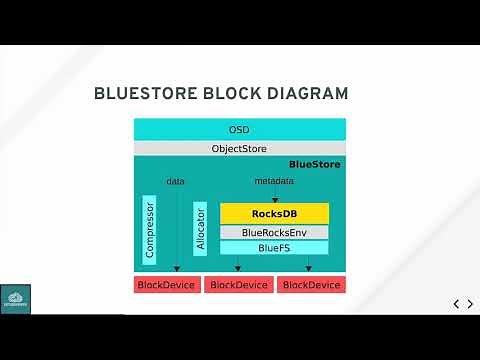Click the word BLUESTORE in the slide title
coord(140,94)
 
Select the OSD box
coord(239,130)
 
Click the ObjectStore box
coord(239,148)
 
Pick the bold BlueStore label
coord(314,164)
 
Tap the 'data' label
coord(175,181)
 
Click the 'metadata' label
coord(274,181)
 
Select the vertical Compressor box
coord(150,231)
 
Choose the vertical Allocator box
coord(200,229)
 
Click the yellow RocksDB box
coord(274,213)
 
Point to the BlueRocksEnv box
coord(274,232)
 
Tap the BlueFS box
coord(274,247)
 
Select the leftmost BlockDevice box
coord(167,285)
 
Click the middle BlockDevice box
coord(238,285)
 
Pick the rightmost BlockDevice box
coord(311,285)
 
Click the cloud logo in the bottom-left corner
coord(16,299)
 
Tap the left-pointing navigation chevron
coord(456,304)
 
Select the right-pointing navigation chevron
coord(470,304)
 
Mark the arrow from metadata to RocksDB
coord(274,195)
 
